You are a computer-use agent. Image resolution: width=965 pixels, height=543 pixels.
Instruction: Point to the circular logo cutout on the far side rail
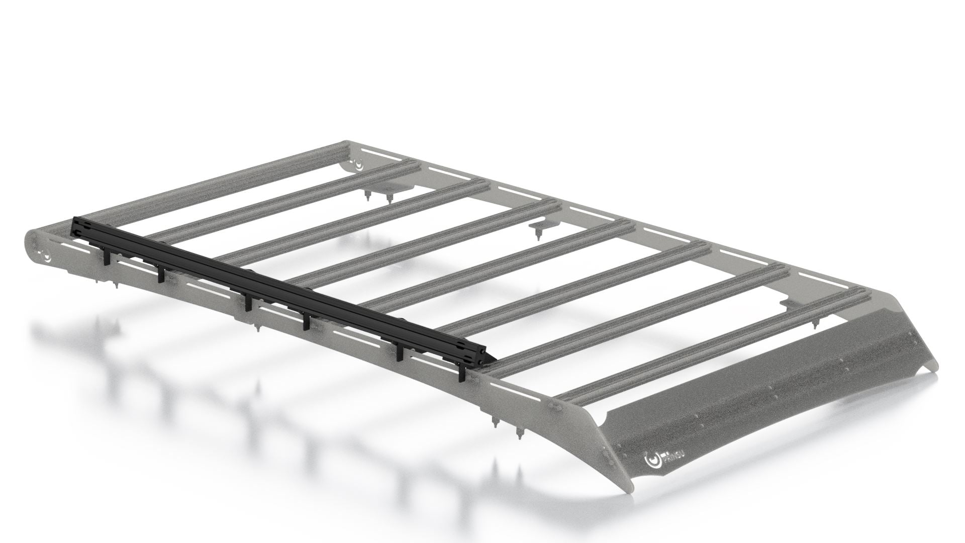[x=358, y=164]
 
